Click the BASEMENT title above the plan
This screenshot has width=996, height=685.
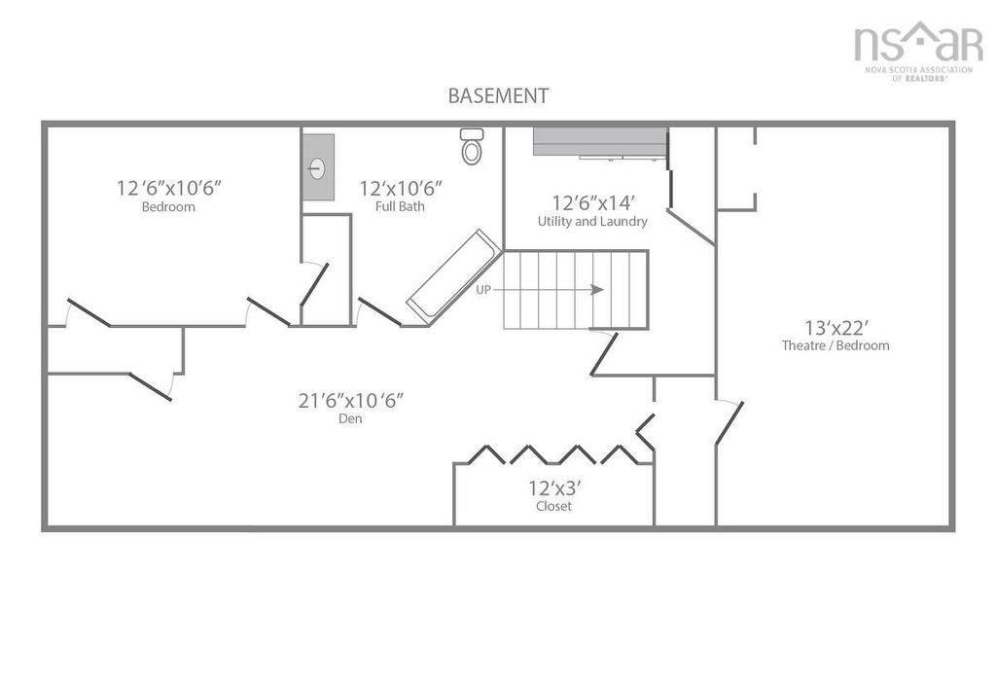pyautogui.click(x=498, y=96)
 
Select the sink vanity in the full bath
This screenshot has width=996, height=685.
pyautogui.click(x=318, y=167)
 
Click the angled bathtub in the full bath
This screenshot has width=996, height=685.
pyautogui.click(x=453, y=276)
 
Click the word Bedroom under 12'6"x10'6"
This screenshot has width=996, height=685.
pyautogui.click(x=168, y=207)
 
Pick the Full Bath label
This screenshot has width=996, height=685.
pyautogui.click(x=400, y=207)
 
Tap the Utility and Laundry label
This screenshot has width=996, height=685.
pyautogui.click(x=592, y=222)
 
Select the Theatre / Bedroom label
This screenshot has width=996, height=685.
pyautogui.click(x=835, y=345)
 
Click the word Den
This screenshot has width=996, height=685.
pyautogui.click(x=350, y=419)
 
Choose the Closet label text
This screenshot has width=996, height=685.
pyautogui.click(x=553, y=507)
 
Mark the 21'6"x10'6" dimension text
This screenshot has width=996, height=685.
pyautogui.click(x=350, y=400)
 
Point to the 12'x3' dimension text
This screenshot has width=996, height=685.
pyautogui.click(x=553, y=487)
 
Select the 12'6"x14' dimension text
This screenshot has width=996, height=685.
pyautogui.click(x=592, y=202)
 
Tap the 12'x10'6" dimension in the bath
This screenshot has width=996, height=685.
pyautogui.click(x=400, y=188)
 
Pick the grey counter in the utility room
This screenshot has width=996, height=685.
pyautogui.click(x=598, y=141)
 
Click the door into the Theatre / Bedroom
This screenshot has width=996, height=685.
pyautogui.click(x=729, y=422)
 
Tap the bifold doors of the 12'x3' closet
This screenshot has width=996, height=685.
pyautogui.click(x=554, y=454)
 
